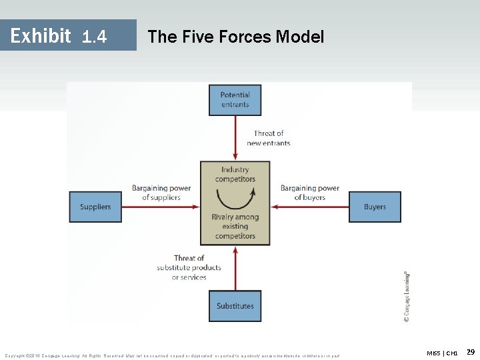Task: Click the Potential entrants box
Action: point(235,100)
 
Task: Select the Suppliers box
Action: point(95,207)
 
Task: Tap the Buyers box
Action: point(375,207)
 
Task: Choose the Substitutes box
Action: point(235,306)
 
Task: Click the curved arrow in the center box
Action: point(235,198)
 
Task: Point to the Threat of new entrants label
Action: point(268,138)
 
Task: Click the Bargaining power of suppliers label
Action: point(161,193)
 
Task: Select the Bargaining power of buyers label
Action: point(310,193)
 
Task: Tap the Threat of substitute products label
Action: point(189,267)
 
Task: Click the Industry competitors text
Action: point(235,175)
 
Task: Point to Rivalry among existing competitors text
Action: point(235,227)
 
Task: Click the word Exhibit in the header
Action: point(41,35)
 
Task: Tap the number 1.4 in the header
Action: point(94,37)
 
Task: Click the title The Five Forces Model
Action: point(235,37)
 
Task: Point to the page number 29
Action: point(470,351)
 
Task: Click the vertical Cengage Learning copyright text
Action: point(407,297)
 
